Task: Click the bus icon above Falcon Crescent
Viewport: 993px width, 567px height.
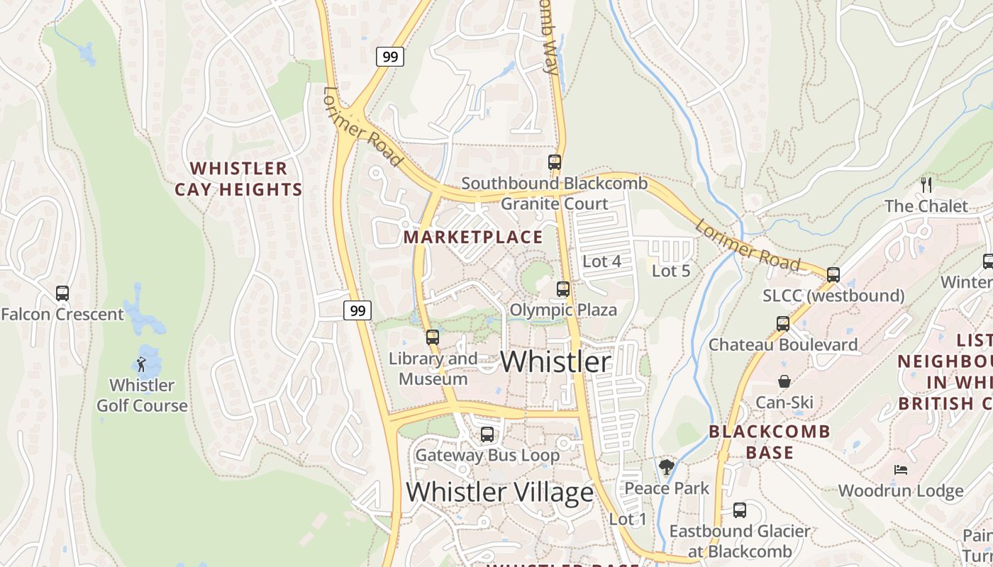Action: click(62, 293)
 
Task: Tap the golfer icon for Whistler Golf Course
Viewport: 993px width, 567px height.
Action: click(142, 364)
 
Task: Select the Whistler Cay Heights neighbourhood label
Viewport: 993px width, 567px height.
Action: click(238, 179)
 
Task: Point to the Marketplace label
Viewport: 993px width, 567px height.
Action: click(473, 237)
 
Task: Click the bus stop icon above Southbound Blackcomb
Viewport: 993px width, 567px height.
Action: click(555, 162)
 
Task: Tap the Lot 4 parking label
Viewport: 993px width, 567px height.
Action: click(601, 262)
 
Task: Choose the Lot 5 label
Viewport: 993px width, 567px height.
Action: click(670, 271)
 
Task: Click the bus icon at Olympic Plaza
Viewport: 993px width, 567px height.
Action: click(563, 288)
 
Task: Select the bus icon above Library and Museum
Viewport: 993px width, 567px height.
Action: click(433, 337)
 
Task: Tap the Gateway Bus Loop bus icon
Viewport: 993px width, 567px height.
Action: click(487, 434)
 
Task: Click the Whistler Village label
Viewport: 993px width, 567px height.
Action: click(499, 492)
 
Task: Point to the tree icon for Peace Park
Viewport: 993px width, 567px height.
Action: click(666, 466)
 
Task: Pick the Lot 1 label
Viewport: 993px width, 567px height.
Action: click(628, 520)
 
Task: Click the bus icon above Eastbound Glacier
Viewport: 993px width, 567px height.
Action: click(740, 510)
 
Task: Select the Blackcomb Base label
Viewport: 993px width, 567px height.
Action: click(770, 442)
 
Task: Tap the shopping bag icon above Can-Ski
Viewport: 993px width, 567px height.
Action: click(784, 381)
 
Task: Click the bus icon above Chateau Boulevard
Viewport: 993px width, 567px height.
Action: click(783, 323)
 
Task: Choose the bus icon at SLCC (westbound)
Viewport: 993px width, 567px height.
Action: click(833, 274)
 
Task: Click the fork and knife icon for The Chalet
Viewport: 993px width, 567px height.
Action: click(926, 184)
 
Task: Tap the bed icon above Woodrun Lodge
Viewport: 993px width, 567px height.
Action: click(900, 469)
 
